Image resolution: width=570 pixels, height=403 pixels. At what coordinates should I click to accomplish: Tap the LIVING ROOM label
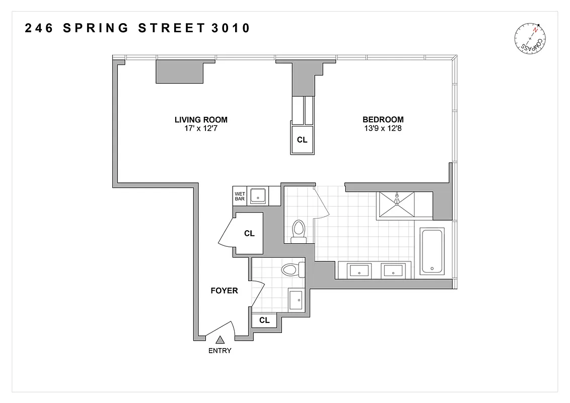[x=201, y=120]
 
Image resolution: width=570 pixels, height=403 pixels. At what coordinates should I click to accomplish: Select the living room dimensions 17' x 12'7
[x=201, y=128]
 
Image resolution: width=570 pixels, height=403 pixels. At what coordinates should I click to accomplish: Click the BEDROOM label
[x=383, y=120]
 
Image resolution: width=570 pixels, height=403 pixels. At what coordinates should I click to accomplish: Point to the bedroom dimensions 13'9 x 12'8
[x=383, y=128]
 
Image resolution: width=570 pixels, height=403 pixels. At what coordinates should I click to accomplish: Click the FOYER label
[x=224, y=291]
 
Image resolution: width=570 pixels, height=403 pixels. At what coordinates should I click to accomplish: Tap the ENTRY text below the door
[x=220, y=351]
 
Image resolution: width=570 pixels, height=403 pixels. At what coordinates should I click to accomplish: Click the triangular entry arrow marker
[x=220, y=341]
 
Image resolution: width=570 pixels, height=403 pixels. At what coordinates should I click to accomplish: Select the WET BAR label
[x=240, y=196]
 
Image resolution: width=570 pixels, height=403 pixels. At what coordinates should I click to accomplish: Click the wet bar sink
[x=259, y=195]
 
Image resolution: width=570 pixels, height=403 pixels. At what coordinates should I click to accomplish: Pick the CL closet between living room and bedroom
[x=302, y=140]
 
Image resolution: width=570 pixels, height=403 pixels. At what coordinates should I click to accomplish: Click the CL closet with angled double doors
[x=249, y=234]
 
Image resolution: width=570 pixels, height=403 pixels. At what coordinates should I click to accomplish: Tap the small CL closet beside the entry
[x=264, y=320]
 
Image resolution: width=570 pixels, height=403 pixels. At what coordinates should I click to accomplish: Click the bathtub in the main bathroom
[x=432, y=251]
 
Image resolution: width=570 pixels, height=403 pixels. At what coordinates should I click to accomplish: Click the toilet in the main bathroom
[x=299, y=231]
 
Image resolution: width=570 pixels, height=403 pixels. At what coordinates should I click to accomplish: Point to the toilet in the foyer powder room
[x=292, y=270]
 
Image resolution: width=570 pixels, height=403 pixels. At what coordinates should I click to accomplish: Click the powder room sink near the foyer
[x=296, y=300]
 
